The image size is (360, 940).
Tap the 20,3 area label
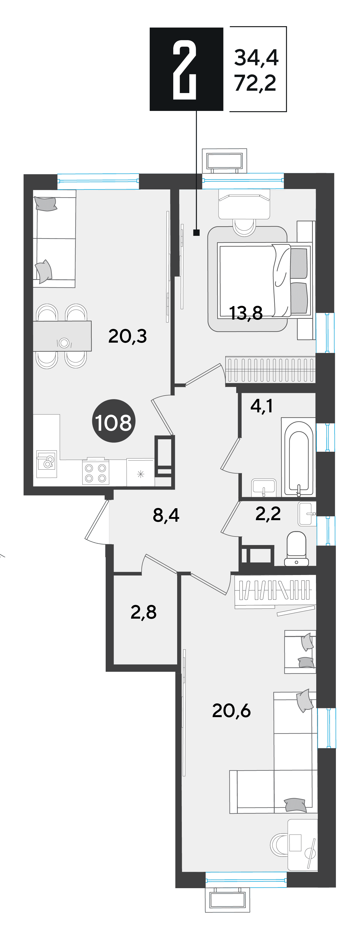[127, 336]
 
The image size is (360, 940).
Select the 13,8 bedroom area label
[246, 313]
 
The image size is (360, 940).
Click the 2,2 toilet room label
[268, 514]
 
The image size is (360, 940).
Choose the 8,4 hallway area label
[166, 515]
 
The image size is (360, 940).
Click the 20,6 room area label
[231, 710]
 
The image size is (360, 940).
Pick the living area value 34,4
[256, 58]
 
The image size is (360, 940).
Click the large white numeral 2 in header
[185, 70]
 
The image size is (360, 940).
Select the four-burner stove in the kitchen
[96, 472]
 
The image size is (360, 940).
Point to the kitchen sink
[47, 464]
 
